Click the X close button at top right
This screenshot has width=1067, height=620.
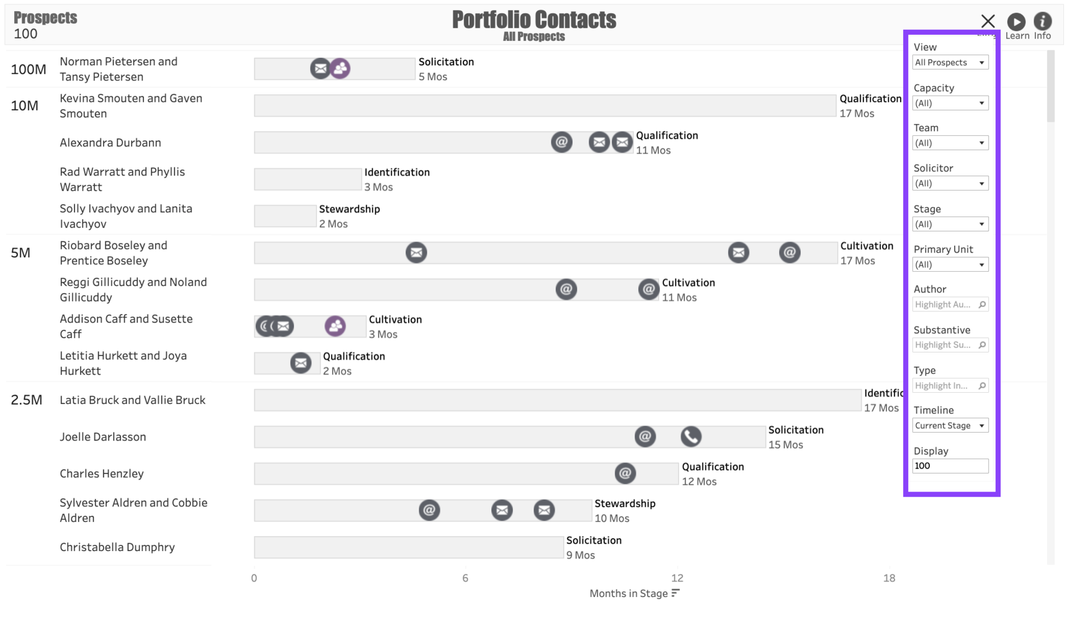pos(988,22)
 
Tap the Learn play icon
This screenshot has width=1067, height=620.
pos(1016,22)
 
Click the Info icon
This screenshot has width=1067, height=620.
pos(1043,21)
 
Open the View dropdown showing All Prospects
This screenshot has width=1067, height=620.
pos(950,63)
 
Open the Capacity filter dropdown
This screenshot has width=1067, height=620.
pos(950,103)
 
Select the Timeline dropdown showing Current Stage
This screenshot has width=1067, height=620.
pos(950,426)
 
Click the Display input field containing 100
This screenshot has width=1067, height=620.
pos(950,466)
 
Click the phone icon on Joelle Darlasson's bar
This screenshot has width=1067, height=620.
pos(690,436)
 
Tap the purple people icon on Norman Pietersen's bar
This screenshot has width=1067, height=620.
pos(340,68)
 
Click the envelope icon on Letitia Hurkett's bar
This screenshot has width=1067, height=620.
pos(301,362)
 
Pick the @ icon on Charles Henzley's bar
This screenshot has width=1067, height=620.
pos(625,474)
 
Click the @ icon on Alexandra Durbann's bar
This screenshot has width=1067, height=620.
pos(561,142)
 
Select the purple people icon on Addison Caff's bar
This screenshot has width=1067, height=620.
pos(335,326)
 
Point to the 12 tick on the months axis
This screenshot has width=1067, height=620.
pos(677,578)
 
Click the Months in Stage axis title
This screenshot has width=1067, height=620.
pos(628,594)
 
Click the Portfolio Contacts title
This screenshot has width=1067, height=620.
pos(533,20)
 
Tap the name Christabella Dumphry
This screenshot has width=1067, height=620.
pos(117,547)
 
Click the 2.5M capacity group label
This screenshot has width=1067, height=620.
pos(27,400)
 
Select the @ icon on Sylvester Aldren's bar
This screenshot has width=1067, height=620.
pos(429,510)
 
